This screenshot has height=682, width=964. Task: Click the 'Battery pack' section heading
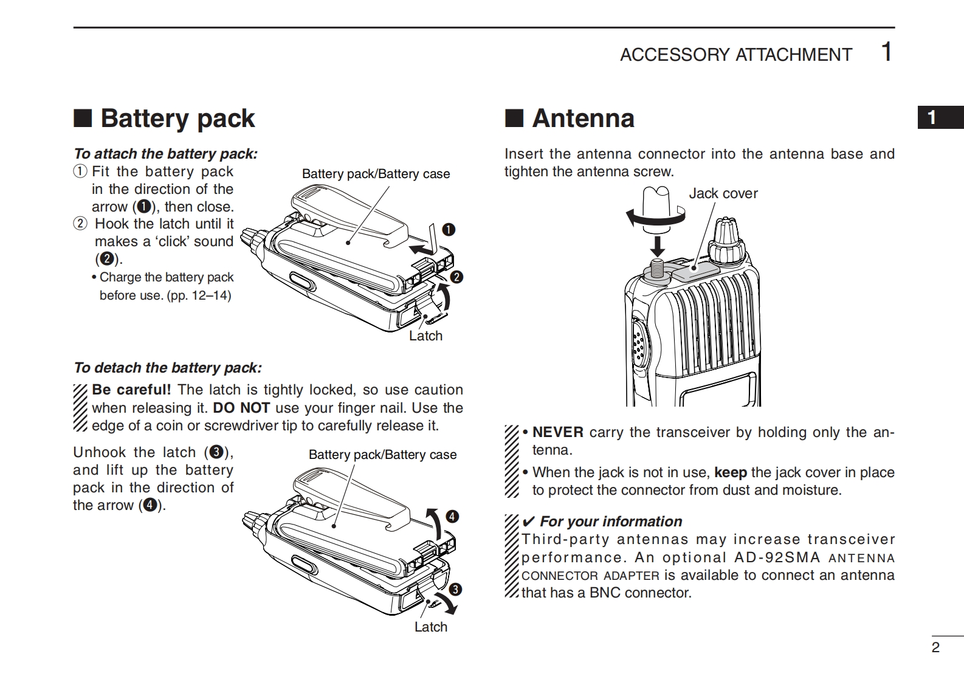tap(177, 119)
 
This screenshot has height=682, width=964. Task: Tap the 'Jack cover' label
tap(723, 193)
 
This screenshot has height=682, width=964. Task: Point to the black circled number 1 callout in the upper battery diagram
tap(449, 229)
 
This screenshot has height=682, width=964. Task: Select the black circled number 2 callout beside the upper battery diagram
tap(456, 277)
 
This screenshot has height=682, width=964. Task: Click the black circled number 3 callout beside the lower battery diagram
tap(455, 589)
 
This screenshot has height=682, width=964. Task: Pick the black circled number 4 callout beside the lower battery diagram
tap(452, 517)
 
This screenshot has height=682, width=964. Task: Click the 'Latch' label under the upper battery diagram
tap(425, 336)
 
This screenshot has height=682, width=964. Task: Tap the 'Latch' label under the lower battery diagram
tap(430, 627)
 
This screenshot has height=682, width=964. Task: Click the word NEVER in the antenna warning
tap(557, 432)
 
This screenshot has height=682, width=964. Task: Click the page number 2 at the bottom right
tap(935, 647)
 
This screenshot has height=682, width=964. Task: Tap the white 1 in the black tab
tap(932, 117)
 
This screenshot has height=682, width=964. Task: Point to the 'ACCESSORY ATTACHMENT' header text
tap(735, 55)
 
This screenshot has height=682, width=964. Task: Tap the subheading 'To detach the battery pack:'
tap(167, 368)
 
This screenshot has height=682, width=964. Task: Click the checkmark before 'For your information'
tap(528, 522)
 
